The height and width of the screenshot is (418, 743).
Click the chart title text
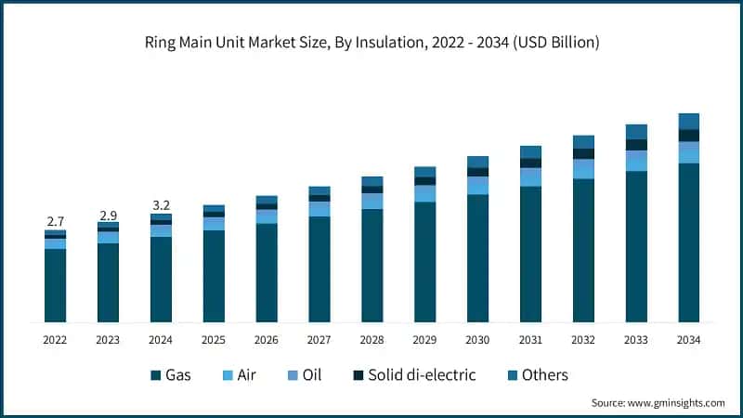click(371, 42)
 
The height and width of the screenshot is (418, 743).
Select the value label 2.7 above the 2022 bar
click(55, 221)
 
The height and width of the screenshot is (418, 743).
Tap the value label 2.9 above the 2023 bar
click(108, 215)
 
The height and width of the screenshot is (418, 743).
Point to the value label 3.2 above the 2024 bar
click(161, 205)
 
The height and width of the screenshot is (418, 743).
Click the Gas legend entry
click(171, 375)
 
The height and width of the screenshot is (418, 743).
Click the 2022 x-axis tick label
click(55, 341)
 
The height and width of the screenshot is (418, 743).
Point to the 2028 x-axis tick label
click(372, 341)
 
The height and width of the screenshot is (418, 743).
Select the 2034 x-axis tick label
click(689, 341)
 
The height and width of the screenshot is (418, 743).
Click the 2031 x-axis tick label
click(530, 341)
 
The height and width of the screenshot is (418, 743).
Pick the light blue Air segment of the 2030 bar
click(477, 186)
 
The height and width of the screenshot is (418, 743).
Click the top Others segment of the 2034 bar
click(689, 121)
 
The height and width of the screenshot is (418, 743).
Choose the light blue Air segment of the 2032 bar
click(583, 169)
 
